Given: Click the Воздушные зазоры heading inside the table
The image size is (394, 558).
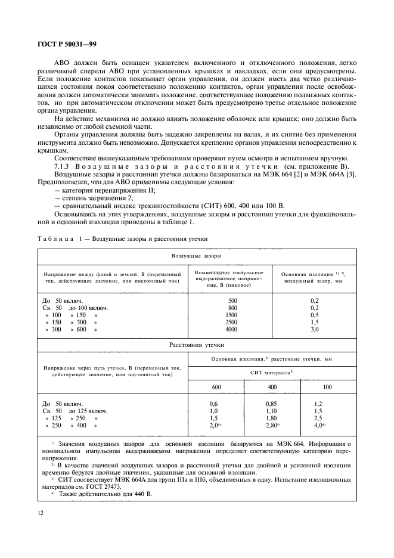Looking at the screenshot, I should (x=197, y=255).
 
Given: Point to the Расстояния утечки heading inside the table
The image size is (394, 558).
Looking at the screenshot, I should (x=197, y=345).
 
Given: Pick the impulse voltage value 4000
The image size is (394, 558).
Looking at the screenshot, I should (x=232, y=329).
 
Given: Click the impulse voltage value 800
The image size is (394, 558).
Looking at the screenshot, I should (x=232, y=308).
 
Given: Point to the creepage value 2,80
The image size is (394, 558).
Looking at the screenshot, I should (x=271, y=426).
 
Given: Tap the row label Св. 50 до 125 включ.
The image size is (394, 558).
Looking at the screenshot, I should (x=75, y=411).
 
